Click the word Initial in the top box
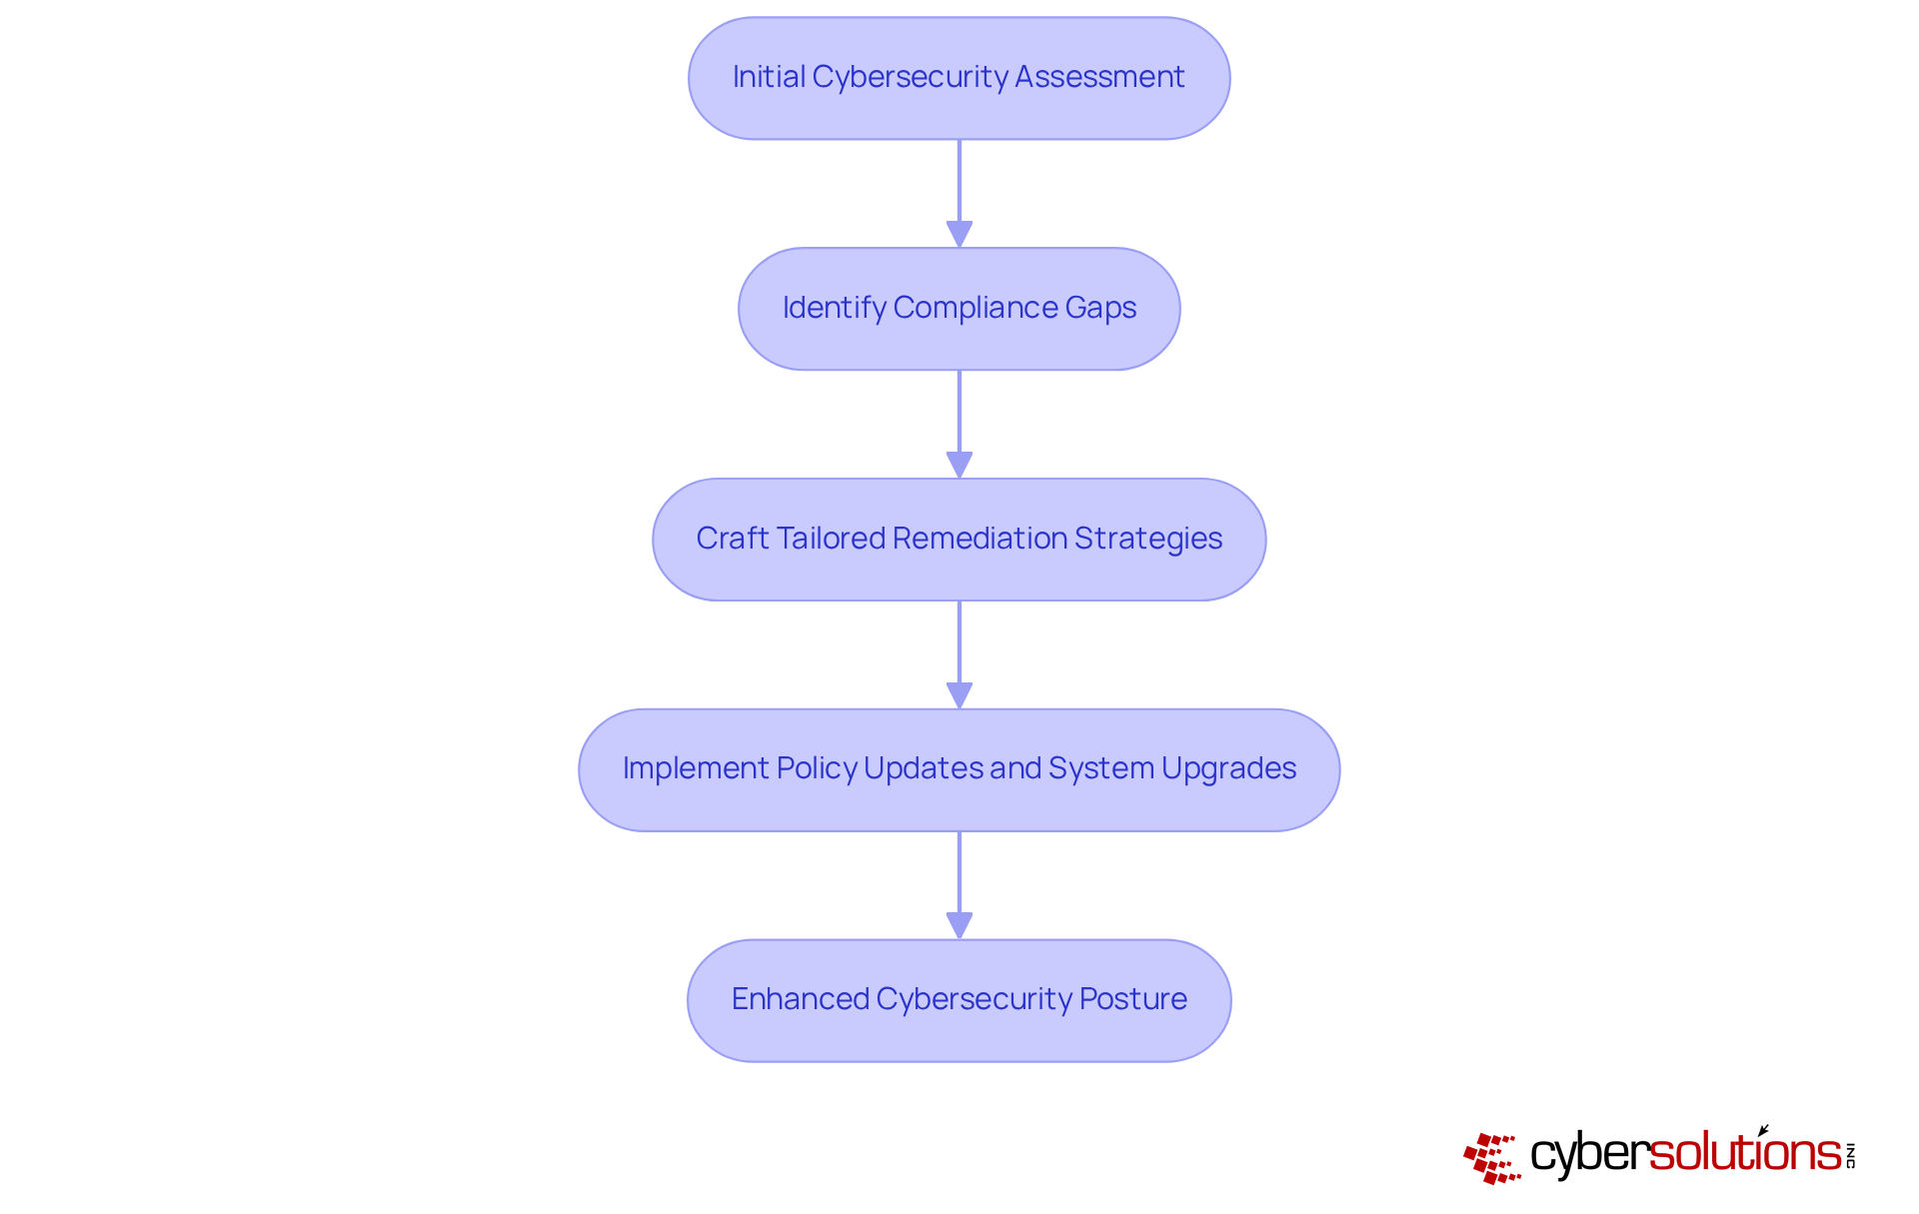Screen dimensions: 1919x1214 768,77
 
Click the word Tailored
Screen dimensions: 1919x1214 831,539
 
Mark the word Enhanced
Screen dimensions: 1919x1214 800,999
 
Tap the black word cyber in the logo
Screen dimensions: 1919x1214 1588,1155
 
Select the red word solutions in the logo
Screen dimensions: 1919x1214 1744,1153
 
